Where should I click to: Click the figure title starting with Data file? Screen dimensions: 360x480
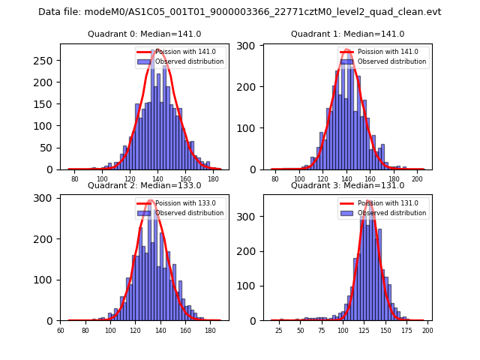[240, 12]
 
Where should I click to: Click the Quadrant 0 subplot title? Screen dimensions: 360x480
[144, 34]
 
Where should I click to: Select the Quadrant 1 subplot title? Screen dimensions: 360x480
[347, 34]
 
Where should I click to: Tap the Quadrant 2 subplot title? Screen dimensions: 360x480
[144, 185]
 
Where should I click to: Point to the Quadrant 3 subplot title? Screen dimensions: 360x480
[347, 185]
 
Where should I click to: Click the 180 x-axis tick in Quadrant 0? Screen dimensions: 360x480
[213, 180]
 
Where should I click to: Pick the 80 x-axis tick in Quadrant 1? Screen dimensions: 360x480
[275, 180]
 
